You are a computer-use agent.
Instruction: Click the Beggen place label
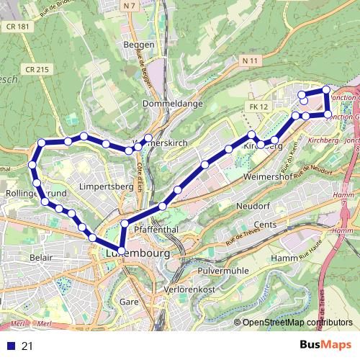point(140,45)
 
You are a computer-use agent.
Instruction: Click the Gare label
point(130,301)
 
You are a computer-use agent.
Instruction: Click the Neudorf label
point(253,206)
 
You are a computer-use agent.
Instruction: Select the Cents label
point(265,225)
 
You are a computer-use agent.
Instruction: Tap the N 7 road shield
point(130,6)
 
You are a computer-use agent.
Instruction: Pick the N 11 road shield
point(250,60)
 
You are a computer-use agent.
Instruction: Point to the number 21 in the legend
point(27,346)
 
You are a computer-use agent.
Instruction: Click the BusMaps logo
point(326,346)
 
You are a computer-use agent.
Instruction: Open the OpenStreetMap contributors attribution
point(297,322)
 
